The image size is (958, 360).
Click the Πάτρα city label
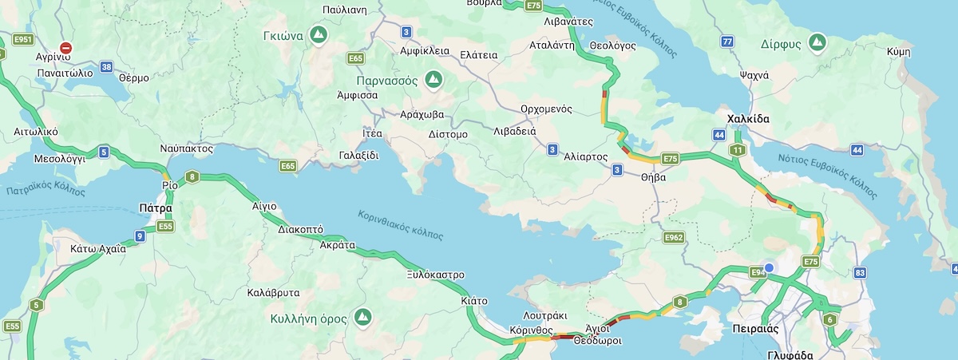point(156,208)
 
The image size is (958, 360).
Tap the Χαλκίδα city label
point(748,119)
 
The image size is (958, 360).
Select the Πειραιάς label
point(754,329)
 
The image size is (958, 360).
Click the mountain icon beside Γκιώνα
point(319,35)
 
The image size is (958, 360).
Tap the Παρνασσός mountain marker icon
point(433,79)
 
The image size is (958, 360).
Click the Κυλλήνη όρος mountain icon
point(362,317)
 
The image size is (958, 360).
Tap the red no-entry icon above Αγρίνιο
point(66,48)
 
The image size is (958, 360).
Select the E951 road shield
point(24,39)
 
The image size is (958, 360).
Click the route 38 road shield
point(107,66)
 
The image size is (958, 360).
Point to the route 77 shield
point(726,42)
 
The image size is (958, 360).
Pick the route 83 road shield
point(860,273)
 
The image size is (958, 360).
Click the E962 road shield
point(674,237)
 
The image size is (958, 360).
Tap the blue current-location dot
point(769,268)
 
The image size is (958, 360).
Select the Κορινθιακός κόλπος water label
point(400,225)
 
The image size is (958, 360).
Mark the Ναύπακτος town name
point(186,148)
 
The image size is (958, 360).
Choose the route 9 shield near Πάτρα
point(140,235)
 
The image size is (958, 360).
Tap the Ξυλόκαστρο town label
point(435,274)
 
